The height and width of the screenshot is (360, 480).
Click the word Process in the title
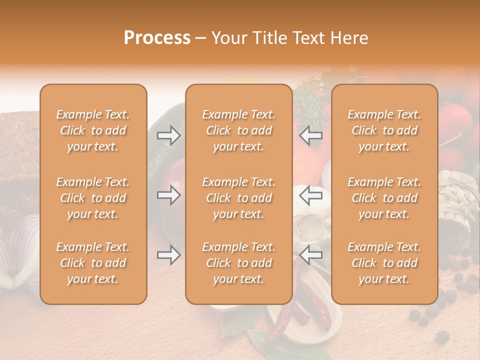(x=157, y=38)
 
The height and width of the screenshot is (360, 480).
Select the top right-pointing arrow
(x=169, y=135)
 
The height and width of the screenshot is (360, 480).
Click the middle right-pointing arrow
(x=169, y=195)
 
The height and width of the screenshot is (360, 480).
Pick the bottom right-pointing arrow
(x=169, y=255)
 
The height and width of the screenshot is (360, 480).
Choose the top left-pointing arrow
(x=311, y=135)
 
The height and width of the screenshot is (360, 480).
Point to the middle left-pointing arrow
(x=311, y=195)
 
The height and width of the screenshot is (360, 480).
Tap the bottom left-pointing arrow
(x=311, y=255)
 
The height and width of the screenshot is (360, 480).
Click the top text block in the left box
(x=93, y=130)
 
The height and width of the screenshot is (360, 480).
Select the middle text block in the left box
(x=93, y=198)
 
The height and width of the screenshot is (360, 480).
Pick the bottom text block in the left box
(x=93, y=263)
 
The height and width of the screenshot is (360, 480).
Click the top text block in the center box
(x=238, y=130)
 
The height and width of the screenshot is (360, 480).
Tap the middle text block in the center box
(x=238, y=198)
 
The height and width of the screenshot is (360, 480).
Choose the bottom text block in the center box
(x=238, y=263)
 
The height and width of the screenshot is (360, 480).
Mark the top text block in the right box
(x=384, y=130)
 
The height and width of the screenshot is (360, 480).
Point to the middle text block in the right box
(x=384, y=198)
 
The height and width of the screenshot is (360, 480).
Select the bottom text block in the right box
(x=384, y=263)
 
